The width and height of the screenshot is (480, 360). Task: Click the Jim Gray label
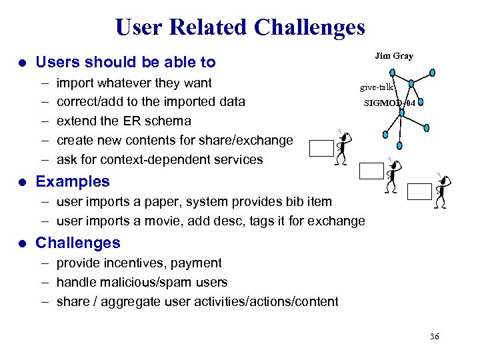(393, 56)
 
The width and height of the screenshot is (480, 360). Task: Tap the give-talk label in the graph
(377, 87)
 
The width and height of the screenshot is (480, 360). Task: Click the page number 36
(434, 337)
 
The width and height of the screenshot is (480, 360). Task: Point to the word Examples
(72, 181)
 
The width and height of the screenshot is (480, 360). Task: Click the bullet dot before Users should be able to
(22, 63)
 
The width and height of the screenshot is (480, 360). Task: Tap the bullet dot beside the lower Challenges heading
(22, 243)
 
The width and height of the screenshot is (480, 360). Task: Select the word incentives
(136, 263)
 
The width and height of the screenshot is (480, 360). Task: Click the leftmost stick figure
(343, 147)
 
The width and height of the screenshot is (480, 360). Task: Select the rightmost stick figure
(441, 191)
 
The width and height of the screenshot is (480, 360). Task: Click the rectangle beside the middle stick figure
(371, 171)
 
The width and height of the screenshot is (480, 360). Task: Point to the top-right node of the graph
(432, 72)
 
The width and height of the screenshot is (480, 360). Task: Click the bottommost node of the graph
(399, 146)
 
